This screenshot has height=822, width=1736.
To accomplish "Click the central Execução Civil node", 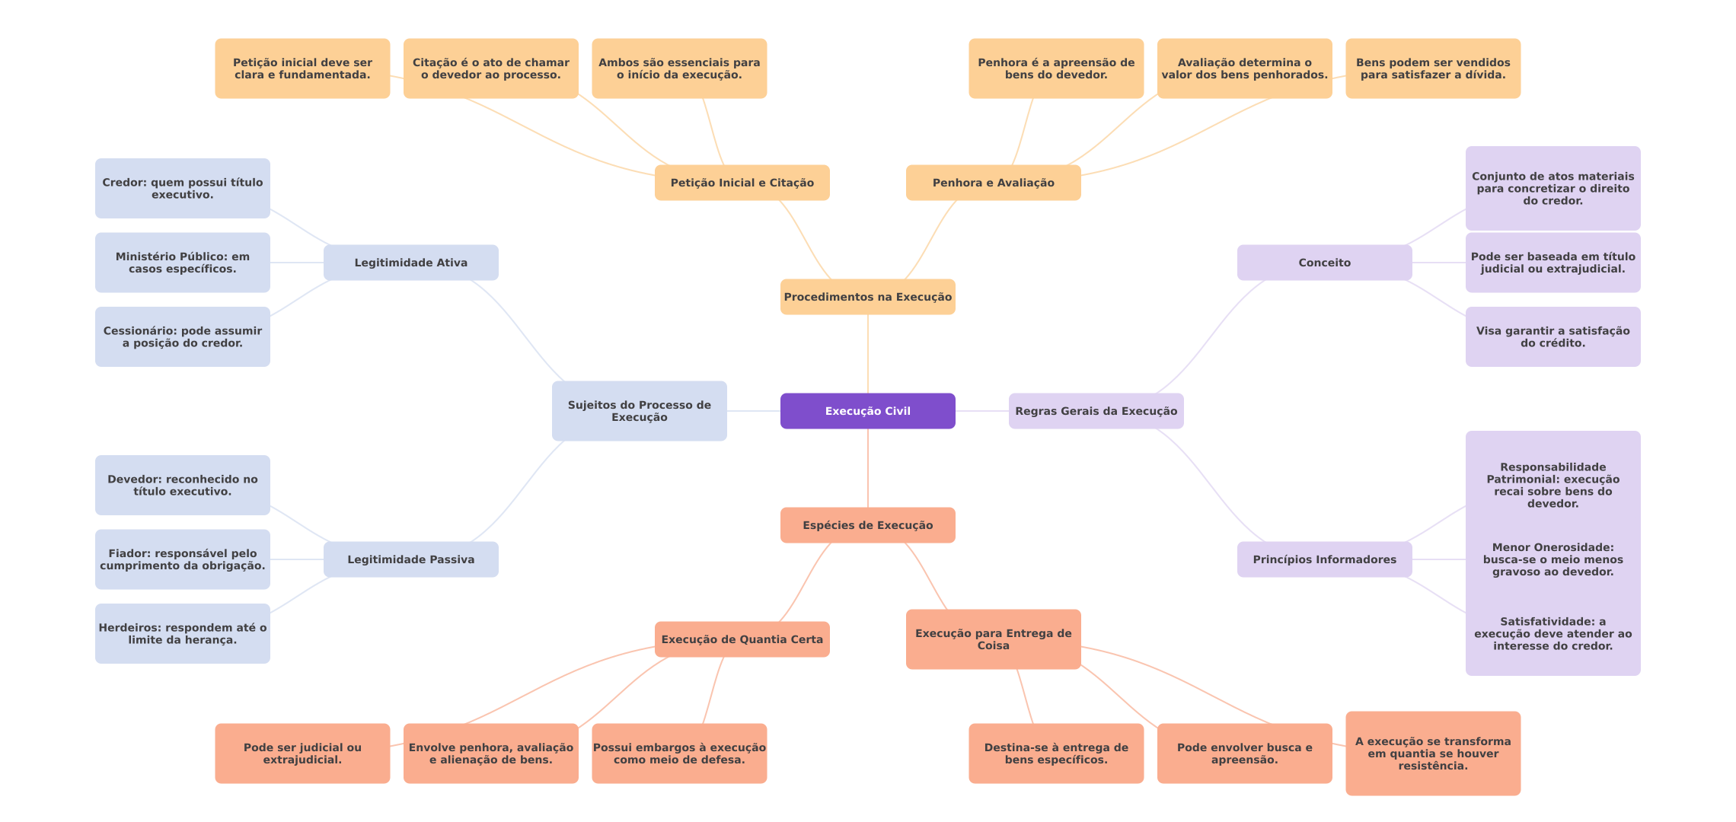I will tap(867, 411).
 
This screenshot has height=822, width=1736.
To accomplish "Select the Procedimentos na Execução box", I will tap(867, 297).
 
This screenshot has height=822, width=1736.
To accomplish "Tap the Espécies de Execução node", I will tap(867, 525).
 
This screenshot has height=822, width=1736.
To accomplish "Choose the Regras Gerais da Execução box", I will tap(1096, 411).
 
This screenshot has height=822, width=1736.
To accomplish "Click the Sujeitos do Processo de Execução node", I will tap(639, 411).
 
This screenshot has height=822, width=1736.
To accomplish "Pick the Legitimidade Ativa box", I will tap(410, 263).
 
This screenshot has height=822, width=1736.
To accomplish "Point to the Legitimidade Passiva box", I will tap(410, 559).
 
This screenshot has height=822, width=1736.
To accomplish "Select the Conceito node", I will tap(1324, 263).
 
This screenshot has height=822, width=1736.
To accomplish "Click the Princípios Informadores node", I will tap(1324, 559).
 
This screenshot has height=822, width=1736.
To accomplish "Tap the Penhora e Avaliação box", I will tap(993, 183).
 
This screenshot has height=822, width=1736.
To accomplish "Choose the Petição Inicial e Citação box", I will tap(742, 183).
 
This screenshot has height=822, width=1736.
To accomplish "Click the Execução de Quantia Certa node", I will tap(742, 639).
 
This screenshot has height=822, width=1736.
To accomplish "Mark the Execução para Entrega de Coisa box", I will tap(993, 639).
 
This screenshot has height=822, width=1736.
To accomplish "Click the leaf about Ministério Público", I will tap(182, 263).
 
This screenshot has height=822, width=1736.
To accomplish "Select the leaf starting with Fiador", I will tap(182, 559).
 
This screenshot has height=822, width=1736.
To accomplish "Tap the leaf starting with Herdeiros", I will tap(182, 633).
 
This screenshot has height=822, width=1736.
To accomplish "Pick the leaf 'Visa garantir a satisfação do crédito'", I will tap(1553, 336).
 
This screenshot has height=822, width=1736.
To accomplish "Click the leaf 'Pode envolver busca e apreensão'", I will tap(1244, 753).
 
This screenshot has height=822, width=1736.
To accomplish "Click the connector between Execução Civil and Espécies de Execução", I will tap(868, 468).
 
